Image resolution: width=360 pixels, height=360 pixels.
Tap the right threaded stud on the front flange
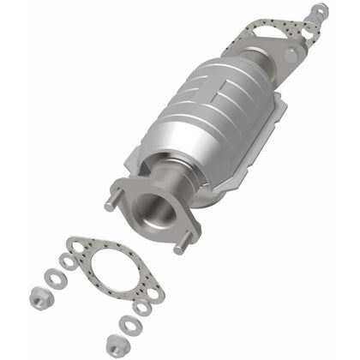pyautogui.click(x=181, y=248)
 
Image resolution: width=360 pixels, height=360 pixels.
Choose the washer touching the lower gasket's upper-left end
pyautogui.click(x=68, y=261)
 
